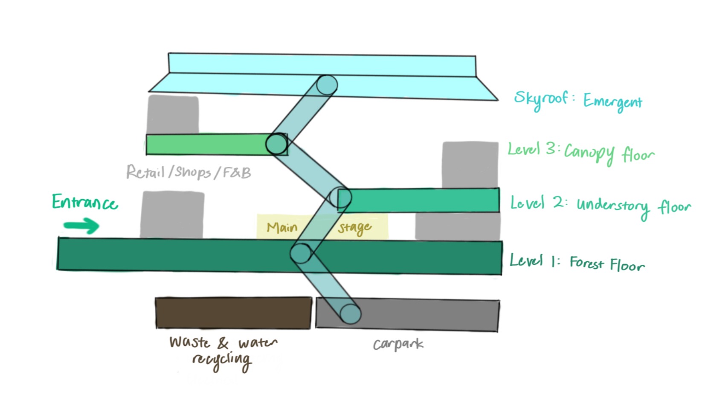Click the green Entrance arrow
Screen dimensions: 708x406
[x=81, y=226]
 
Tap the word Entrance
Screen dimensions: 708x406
[x=85, y=202]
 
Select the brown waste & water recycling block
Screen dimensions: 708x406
[x=234, y=313]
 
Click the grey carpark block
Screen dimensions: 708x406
[x=408, y=315]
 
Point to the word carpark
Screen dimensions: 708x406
[x=398, y=344]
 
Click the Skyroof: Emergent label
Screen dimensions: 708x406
[x=578, y=101]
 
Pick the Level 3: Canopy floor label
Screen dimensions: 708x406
[x=581, y=153]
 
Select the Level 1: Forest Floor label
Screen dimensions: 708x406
[x=577, y=263]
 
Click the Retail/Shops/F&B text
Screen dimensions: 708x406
[x=189, y=172]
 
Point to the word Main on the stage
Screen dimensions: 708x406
[x=282, y=227]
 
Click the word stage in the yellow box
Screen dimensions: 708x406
[x=354, y=228]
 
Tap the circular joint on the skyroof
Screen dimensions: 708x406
[x=327, y=85]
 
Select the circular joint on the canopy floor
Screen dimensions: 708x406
[x=276, y=144]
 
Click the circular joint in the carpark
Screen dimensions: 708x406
[x=351, y=314]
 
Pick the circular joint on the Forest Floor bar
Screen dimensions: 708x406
[x=301, y=253]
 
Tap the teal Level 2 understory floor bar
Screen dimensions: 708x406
[x=418, y=200]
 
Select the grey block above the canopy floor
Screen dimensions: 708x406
[x=173, y=115]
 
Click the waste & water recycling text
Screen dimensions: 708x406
[x=223, y=354]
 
